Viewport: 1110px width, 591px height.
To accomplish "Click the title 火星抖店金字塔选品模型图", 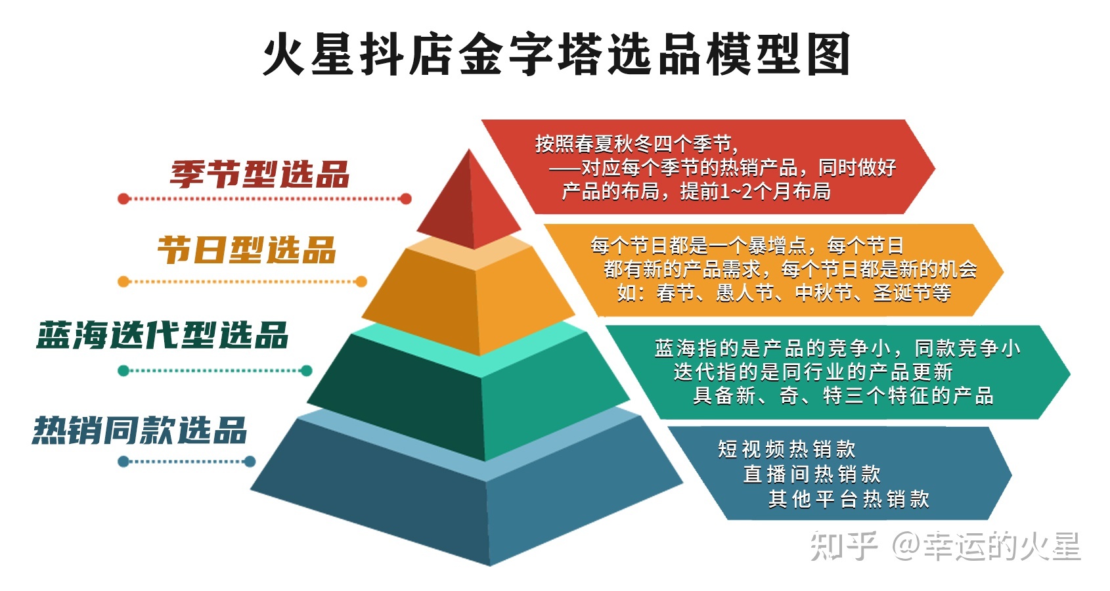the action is (556, 55).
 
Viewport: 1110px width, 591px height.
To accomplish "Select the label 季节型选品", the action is (259, 175).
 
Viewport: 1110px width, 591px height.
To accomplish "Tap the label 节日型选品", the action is (246, 250).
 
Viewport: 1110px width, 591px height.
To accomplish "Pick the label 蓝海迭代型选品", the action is (162, 335).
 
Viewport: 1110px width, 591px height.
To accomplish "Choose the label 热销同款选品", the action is (139, 430).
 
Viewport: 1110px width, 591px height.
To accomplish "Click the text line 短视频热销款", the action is (787, 449).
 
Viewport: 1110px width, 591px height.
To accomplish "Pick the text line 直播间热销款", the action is (812, 474).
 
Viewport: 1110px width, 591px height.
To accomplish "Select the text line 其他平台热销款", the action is (849, 499).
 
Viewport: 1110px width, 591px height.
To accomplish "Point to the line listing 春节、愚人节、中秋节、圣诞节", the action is (784, 293).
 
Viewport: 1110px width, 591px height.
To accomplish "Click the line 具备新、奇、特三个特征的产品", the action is (843, 395).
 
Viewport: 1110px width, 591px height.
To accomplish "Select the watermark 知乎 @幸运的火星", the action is (946, 546).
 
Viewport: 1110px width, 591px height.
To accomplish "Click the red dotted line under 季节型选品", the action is (265, 199).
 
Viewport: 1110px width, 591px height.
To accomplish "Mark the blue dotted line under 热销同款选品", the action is (187, 462).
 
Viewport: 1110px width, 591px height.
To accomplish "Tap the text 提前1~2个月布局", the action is (755, 192).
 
